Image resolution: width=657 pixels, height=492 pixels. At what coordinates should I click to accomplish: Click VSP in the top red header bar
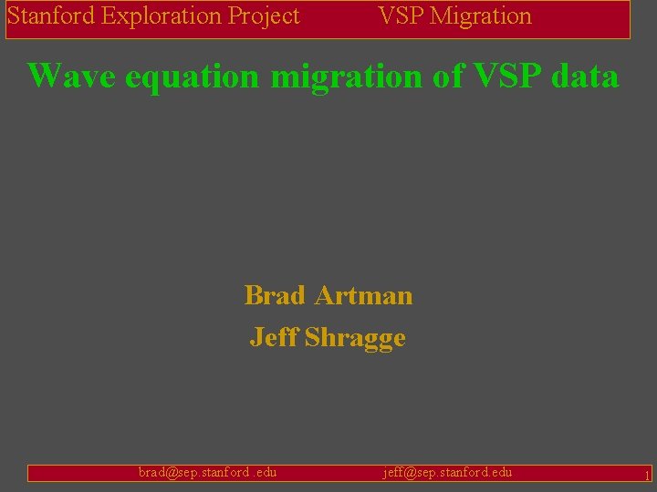pyautogui.click(x=400, y=16)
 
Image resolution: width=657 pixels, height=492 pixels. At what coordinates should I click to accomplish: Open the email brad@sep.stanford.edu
pyautogui.click(x=207, y=472)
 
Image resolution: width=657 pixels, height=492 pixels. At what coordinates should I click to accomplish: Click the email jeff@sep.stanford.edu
pyautogui.click(x=447, y=472)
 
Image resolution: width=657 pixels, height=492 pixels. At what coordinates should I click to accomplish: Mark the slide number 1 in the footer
pyautogui.click(x=646, y=475)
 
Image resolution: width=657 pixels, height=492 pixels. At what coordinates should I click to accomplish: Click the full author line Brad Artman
pyautogui.click(x=328, y=296)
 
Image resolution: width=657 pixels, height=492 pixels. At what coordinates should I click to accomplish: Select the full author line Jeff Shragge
pyautogui.click(x=328, y=338)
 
